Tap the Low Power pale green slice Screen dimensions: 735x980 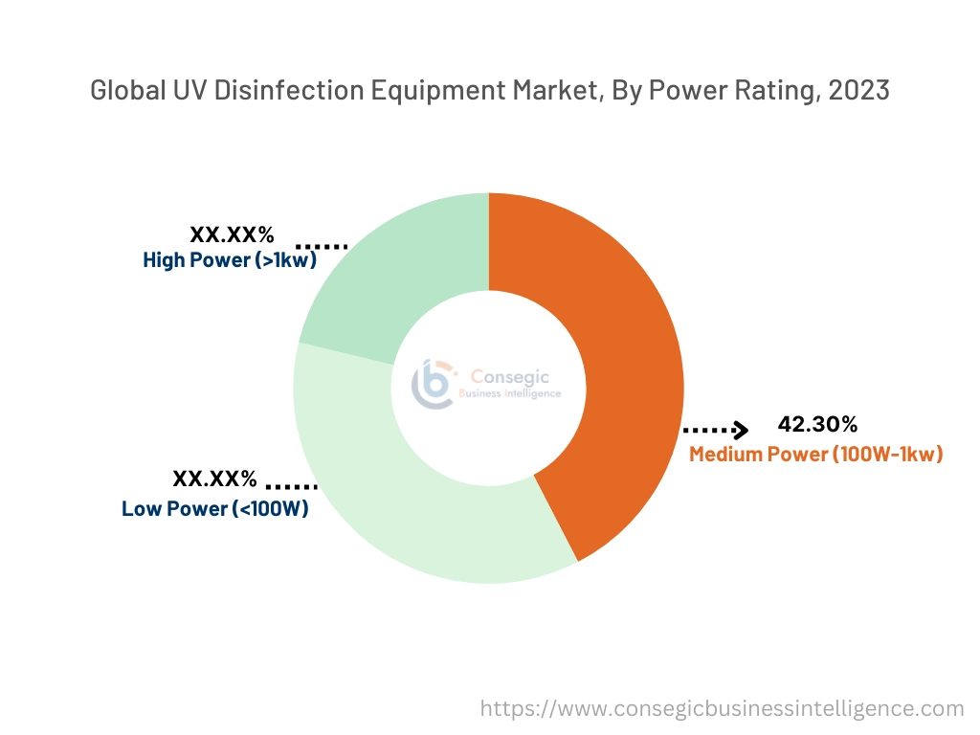(x=402, y=498)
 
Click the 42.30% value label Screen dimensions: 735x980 (x=817, y=424)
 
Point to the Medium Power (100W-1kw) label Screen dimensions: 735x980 (x=815, y=454)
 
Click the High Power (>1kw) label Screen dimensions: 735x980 (x=230, y=259)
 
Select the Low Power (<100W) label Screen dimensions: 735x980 (x=215, y=509)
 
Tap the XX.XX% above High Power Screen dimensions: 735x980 (x=232, y=234)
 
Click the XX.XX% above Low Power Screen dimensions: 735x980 (x=214, y=479)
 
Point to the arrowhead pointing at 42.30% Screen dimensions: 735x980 (x=740, y=430)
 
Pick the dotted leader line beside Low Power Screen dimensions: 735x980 (x=291, y=486)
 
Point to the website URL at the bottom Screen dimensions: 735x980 (x=721, y=708)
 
